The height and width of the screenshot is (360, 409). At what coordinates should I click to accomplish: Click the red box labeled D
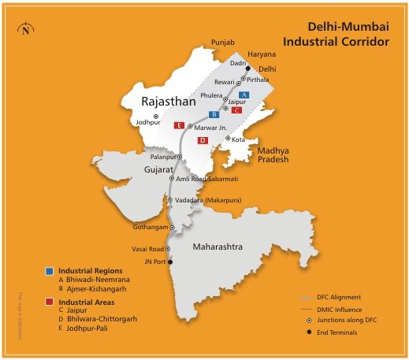[203, 140]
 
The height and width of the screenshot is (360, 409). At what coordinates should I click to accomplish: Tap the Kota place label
[239, 139]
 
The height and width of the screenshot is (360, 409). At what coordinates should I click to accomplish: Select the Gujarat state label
[158, 169]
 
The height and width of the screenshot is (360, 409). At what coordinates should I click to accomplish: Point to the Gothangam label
[150, 227]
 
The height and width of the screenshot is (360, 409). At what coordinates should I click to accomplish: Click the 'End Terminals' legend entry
[338, 332]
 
